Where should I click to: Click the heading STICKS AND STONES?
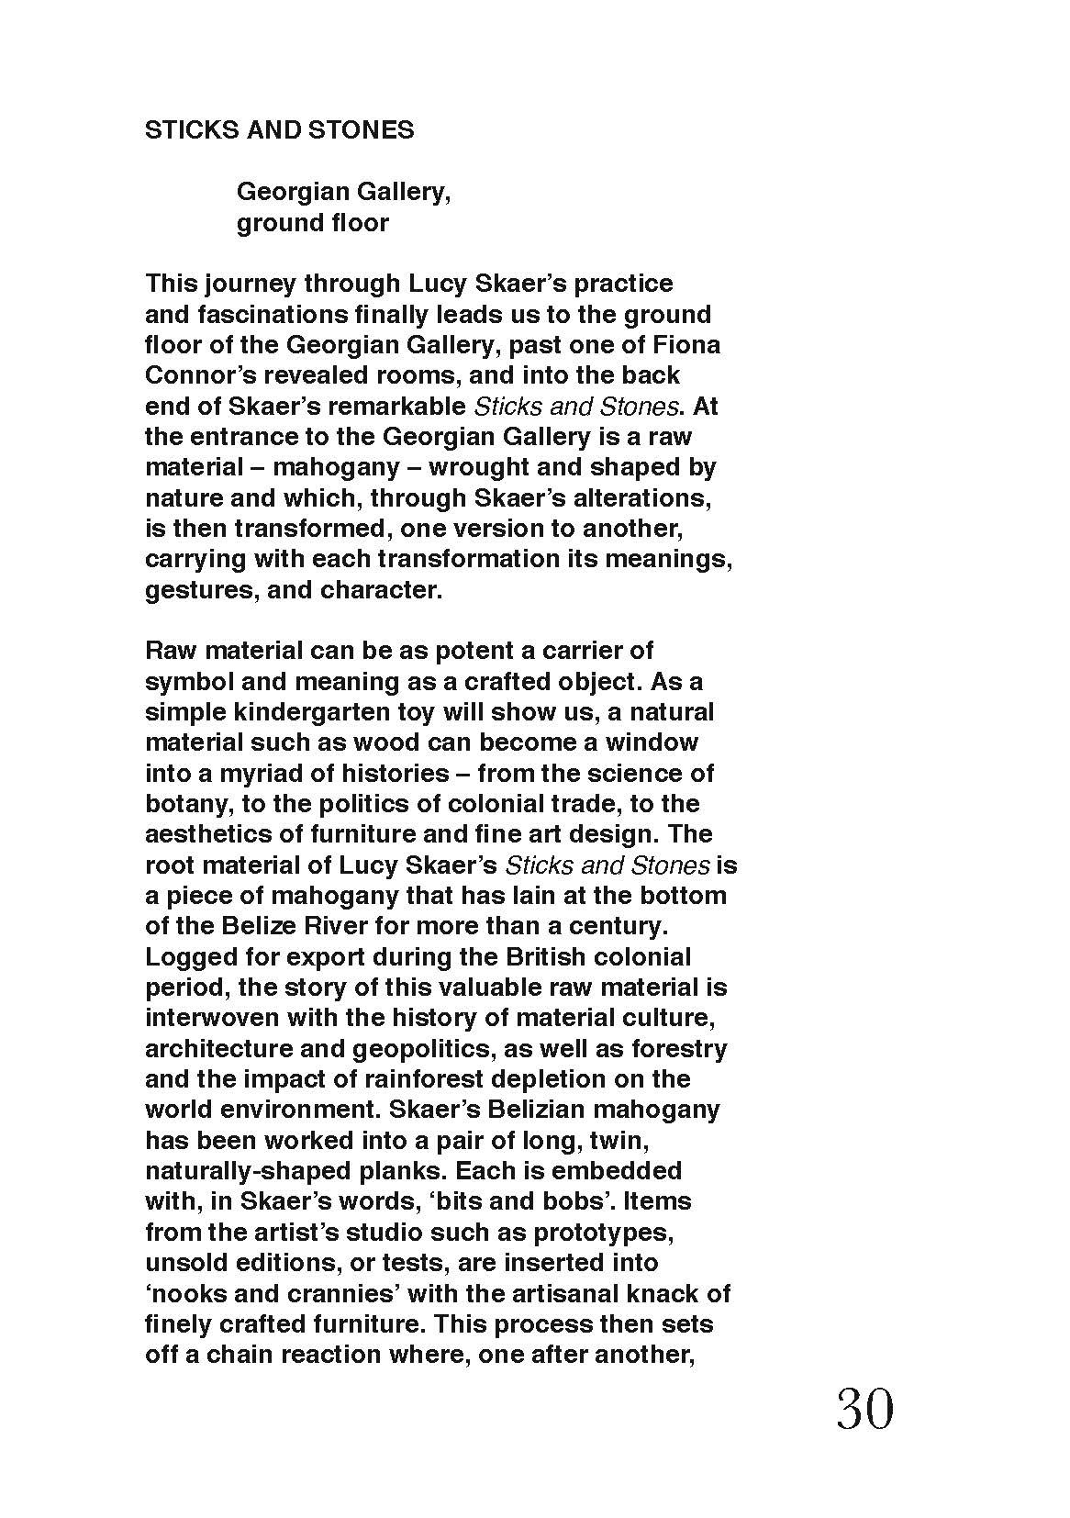pos(279,130)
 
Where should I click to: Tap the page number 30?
pos(864,1410)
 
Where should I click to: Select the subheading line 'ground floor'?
pos(313,223)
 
